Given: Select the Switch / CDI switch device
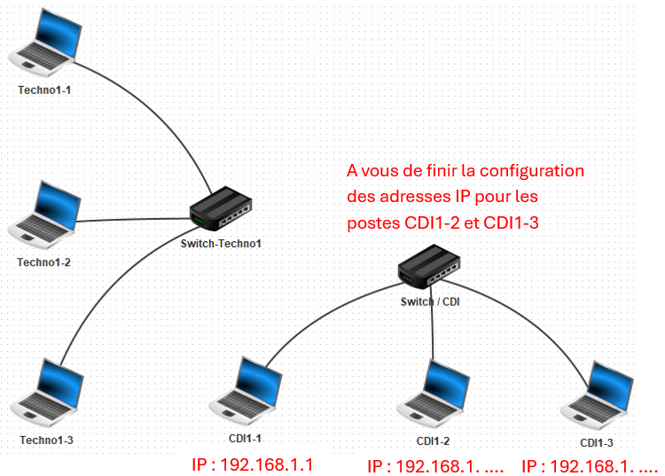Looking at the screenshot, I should point(429,266).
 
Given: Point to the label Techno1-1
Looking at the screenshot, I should point(44,90).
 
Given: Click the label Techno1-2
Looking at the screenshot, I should point(44,262).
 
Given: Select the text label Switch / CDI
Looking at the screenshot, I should point(431,300).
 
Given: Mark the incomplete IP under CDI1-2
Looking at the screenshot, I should point(435,464).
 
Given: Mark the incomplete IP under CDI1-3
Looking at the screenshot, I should point(590,464).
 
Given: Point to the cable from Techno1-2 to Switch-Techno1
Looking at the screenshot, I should point(133,219).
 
